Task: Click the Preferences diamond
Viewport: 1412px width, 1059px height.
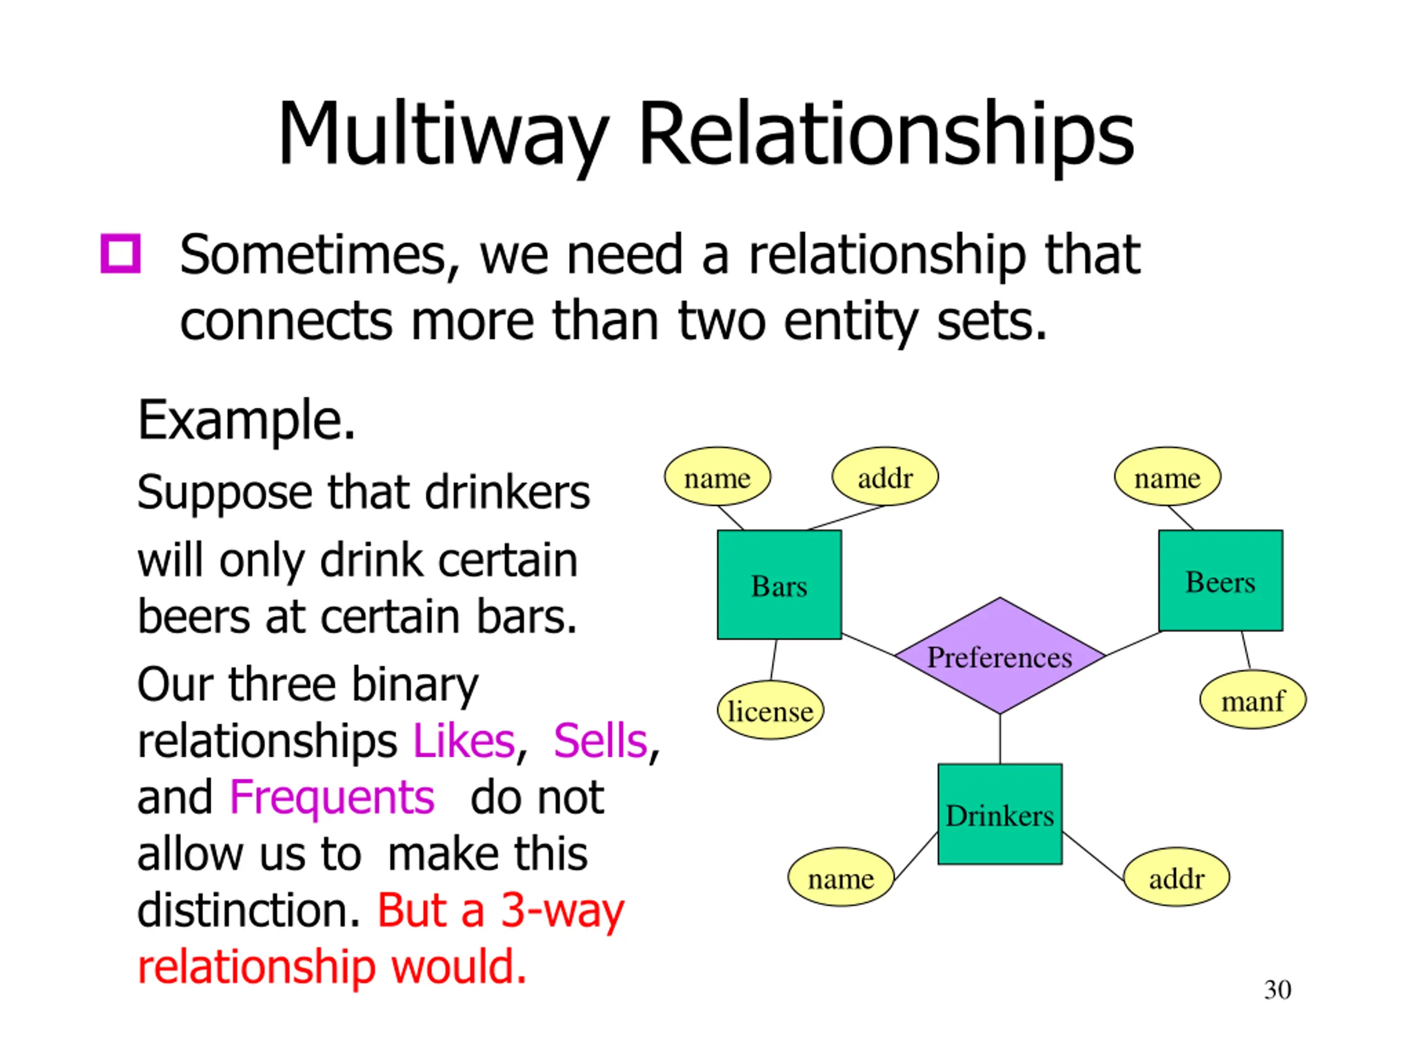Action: [x=999, y=656]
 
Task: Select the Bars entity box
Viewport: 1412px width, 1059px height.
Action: [x=779, y=585]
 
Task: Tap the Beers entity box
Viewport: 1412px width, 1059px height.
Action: [x=1221, y=580]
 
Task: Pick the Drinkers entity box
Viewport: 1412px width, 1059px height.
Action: [x=999, y=814]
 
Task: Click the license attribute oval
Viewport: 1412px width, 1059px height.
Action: [x=771, y=710]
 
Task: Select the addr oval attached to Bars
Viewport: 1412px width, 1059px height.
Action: [x=885, y=477]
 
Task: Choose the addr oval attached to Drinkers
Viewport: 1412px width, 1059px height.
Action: [x=1176, y=878]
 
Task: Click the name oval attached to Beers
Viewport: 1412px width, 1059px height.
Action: [x=1167, y=477]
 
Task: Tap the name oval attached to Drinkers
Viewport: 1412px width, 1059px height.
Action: [x=841, y=878]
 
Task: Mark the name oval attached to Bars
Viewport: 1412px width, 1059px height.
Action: [x=718, y=477]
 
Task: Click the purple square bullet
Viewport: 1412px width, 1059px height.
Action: [x=121, y=254]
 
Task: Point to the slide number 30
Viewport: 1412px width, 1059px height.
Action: [x=1277, y=990]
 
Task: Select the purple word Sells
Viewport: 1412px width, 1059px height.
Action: [x=600, y=740]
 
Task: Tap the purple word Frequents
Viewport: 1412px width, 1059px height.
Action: [x=332, y=797]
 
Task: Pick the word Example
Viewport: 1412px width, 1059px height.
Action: [x=246, y=420]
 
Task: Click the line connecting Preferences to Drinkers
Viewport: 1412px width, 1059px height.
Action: [x=999, y=739]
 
